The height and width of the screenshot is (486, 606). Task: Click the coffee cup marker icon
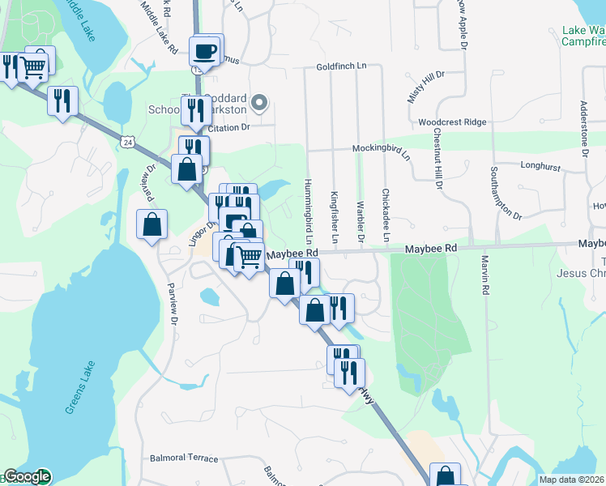pos(204,51)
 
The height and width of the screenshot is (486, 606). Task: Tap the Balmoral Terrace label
pos(185,458)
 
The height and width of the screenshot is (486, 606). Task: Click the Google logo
pos(27,476)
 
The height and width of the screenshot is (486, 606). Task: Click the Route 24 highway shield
pos(128,142)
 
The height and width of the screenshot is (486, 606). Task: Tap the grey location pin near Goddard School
pos(259,102)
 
